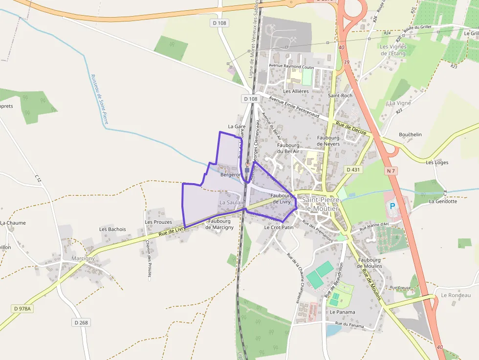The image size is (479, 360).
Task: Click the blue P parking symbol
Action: click(392, 206)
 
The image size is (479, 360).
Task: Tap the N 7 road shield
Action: click(390, 170)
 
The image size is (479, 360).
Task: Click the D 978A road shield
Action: click(22, 309)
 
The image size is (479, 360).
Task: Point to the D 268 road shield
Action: click(82, 322)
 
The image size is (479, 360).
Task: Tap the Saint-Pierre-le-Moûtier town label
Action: click(320, 204)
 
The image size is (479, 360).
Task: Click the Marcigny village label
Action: click(83, 258)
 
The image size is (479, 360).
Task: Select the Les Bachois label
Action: click(112, 229)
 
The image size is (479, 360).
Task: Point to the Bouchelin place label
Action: click(410, 134)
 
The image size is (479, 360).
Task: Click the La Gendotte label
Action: click(443, 201)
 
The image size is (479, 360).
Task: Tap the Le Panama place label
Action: click(342, 312)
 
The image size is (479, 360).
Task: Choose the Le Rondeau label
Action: click(456, 295)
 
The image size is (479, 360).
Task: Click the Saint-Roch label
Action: click(340, 96)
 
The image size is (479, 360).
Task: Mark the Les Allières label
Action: click(296, 91)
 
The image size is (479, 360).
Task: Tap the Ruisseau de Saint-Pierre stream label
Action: click(99, 99)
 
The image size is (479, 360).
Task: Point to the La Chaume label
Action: click(13, 223)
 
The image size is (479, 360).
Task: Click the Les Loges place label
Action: click(437, 162)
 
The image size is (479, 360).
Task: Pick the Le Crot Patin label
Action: click(279, 227)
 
